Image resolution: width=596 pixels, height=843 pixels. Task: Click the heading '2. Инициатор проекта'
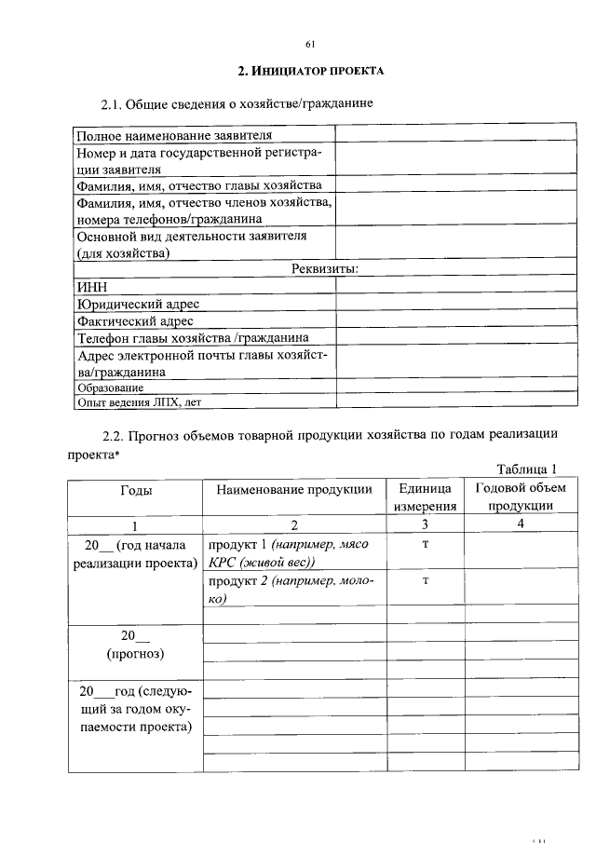pos(310,72)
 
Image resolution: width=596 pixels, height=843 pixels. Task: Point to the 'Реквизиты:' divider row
pos(325,269)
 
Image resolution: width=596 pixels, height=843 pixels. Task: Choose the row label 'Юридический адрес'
pos(139,304)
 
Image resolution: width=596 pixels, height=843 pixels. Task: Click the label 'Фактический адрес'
pos(136,320)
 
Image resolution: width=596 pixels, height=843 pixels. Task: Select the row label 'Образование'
pos(111,388)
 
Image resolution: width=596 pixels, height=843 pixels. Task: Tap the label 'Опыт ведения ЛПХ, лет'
pos(139,403)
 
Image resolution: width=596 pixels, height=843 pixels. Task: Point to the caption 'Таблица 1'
pos(526,469)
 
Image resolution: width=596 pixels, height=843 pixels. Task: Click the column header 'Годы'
pos(136,489)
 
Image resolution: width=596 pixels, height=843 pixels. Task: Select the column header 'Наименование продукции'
pos(293,489)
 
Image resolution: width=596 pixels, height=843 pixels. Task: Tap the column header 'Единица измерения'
pos(425,497)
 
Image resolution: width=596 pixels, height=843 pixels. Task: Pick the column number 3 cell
pos(425,524)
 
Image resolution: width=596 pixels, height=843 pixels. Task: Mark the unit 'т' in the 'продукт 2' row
pos(425,580)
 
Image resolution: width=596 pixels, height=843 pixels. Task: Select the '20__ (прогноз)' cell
pos(136,645)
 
